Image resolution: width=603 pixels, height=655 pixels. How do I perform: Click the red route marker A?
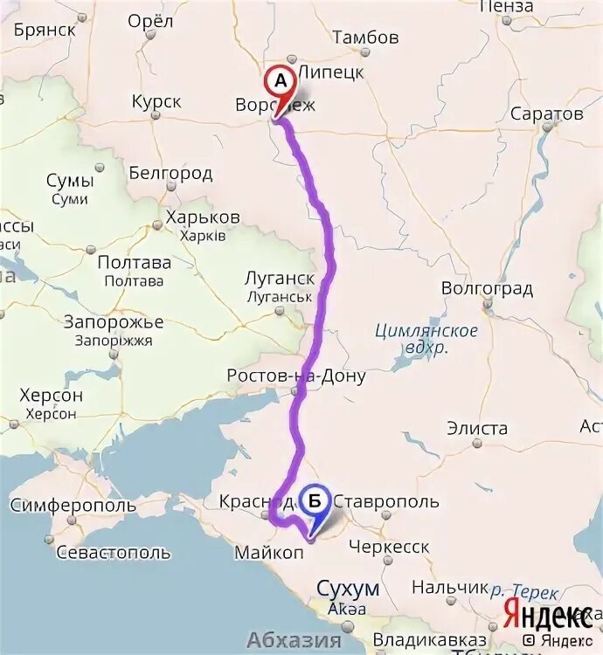(x=281, y=81)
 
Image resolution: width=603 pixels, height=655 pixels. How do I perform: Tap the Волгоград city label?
(x=487, y=288)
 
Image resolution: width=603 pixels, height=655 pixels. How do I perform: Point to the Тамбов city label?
(x=365, y=38)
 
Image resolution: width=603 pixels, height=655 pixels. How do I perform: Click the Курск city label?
(x=156, y=102)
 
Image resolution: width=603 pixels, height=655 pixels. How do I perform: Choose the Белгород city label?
(x=170, y=173)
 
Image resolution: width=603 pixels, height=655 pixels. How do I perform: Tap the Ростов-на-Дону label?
(x=295, y=376)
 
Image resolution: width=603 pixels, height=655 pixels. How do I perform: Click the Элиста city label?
(x=476, y=428)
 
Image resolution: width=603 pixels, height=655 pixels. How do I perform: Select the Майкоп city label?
(x=268, y=553)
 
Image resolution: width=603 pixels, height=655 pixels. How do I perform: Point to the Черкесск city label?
(x=389, y=547)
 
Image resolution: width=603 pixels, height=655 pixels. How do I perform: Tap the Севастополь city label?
(x=113, y=553)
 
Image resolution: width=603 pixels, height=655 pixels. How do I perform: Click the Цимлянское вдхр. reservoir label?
(x=426, y=339)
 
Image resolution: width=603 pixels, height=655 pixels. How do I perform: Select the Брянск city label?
(x=45, y=29)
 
